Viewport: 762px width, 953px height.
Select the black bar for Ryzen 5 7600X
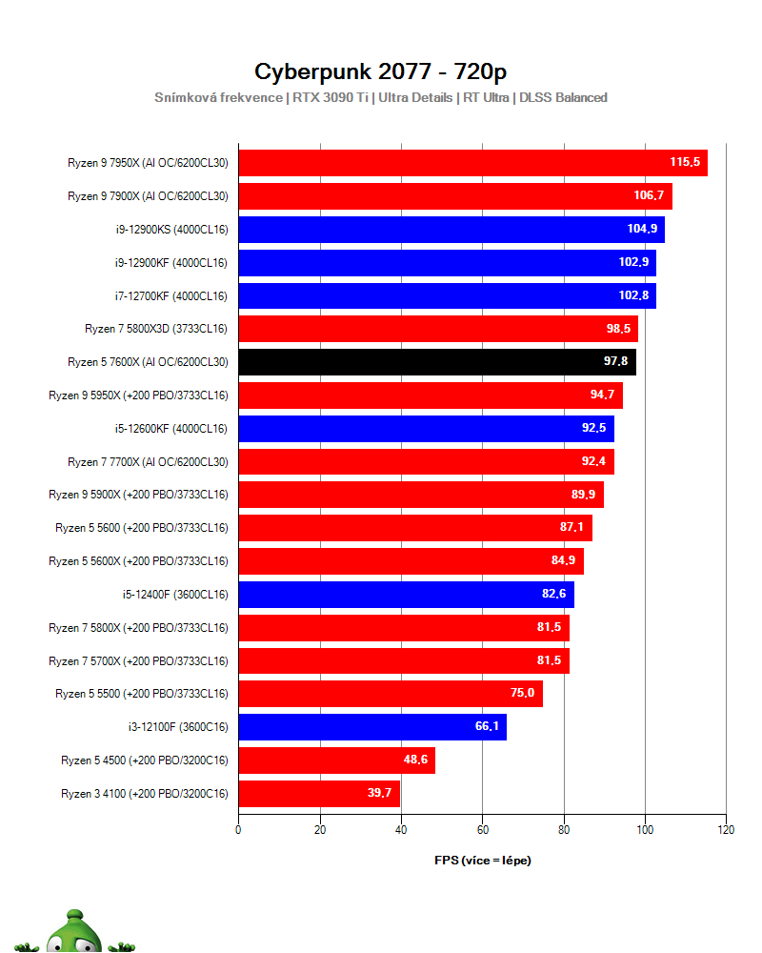click(x=436, y=362)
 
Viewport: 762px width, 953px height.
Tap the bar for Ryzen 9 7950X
click(x=471, y=163)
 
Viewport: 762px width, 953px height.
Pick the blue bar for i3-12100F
click(x=371, y=727)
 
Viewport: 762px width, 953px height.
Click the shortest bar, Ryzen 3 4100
click(x=318, y=793)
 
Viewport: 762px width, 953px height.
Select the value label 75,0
click(x=522, y=694)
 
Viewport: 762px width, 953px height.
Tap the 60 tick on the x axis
click(x=482, y=829)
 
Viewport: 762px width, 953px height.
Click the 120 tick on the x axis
click(x=726, y=829)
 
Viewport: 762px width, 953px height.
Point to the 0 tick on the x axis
click(x=238, y=829)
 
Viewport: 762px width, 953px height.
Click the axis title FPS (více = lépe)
click(x=483, y=861)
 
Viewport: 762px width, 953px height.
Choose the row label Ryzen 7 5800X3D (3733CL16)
click(x=156, y=329)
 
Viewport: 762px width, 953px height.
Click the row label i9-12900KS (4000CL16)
click(x=170, y=229)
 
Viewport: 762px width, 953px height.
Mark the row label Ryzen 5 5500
click(x=142, y=694)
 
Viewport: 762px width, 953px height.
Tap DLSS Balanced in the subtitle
click(x=563, y=97)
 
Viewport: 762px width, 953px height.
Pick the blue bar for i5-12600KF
click(x=426, y=429)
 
